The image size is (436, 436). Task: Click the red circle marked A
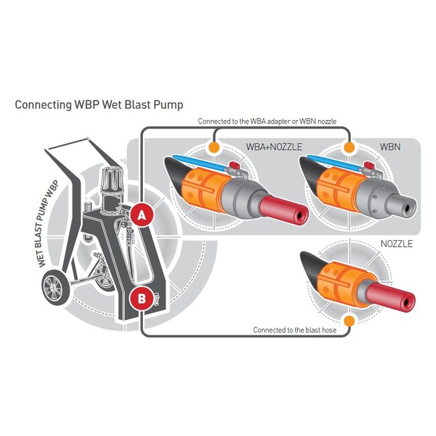141,215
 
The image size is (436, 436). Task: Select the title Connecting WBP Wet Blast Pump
99,105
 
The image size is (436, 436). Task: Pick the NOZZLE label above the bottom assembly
396,243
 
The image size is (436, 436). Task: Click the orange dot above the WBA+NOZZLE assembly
213,146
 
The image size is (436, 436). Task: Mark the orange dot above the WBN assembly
349,146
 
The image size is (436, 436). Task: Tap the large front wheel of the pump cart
53,289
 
